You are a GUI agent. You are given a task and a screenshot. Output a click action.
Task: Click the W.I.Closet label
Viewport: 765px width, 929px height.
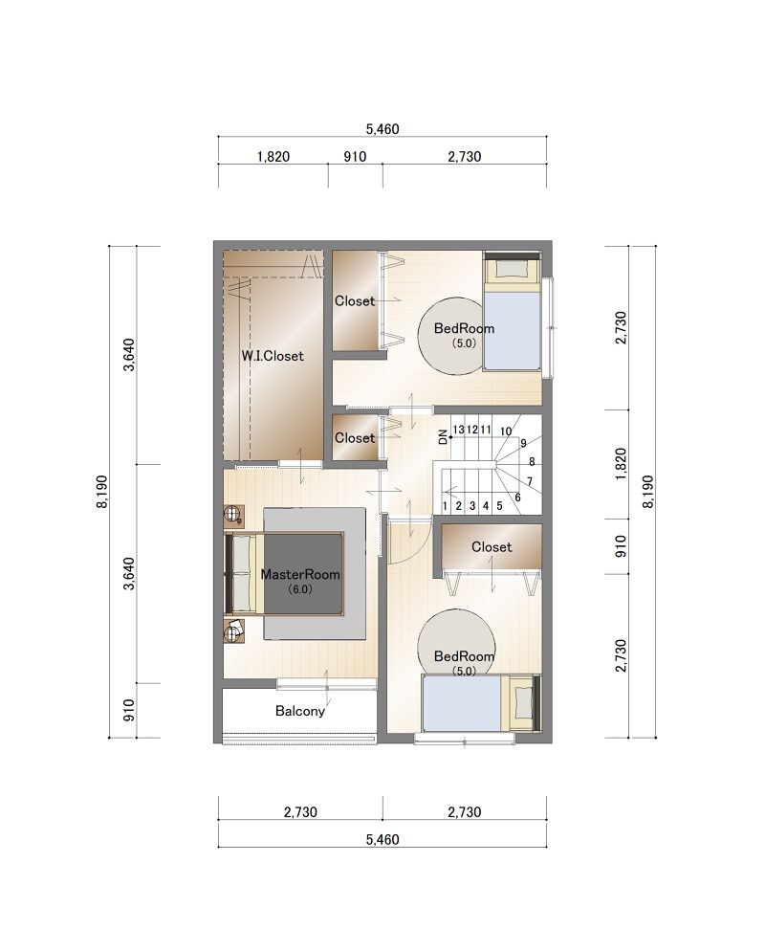point(273,356)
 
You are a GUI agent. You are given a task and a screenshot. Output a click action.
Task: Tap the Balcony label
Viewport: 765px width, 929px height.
point(300,711)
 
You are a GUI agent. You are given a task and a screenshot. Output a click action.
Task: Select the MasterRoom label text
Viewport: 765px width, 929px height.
point(300,574)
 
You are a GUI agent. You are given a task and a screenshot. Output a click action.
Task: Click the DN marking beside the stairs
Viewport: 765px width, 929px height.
point(443,437)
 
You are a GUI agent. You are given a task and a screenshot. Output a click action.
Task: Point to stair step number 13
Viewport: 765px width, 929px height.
point(458,430)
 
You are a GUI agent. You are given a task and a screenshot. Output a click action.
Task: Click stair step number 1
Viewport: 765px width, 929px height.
point(445,506)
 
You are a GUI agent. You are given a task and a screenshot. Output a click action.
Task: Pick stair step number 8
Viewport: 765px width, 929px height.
point(532,461)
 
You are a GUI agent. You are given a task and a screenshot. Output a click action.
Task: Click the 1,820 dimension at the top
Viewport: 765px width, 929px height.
point(273,156)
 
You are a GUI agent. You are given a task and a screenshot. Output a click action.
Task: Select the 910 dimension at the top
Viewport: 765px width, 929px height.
point(355,156)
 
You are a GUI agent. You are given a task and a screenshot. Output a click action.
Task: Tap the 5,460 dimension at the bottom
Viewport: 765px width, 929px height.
point(382,839)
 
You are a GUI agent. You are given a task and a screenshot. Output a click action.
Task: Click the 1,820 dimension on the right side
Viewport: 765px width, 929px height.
point(621,465)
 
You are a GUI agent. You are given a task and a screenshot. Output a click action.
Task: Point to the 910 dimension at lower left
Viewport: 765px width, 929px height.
point(129,710)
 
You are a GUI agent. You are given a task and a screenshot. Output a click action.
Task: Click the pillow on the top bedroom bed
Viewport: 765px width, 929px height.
point(511,269)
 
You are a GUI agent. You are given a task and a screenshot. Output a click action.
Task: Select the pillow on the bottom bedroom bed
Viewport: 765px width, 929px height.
point(523,702)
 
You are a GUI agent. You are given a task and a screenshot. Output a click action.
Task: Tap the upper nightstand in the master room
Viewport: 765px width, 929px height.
point(234,515)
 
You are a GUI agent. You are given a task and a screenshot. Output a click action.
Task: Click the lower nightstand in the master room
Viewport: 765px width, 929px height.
point(234,631)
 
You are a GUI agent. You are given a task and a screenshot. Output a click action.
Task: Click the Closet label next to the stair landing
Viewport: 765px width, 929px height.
point(355,438)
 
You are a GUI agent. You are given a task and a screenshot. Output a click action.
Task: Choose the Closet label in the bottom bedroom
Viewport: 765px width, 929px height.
point(492,547)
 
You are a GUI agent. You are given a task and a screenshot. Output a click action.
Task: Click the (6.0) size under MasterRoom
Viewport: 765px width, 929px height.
point(300,589)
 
